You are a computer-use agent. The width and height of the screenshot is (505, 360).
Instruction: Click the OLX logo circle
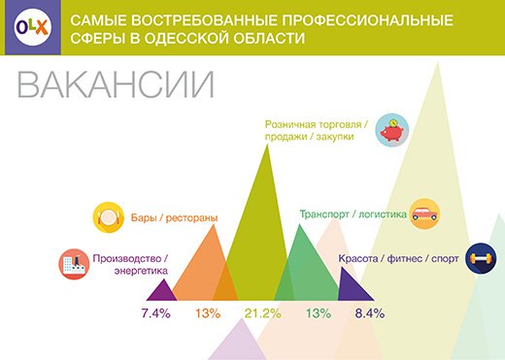click(x=33, y=27)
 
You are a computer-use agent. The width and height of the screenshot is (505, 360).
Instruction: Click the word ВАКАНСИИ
click(x=116, y=84)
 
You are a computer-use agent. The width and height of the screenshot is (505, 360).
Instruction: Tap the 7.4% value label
click(x=155, y=313)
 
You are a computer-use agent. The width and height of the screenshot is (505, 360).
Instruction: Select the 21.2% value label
click(x=262, y=313)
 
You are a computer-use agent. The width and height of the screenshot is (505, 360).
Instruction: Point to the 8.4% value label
click(x=370, y=313)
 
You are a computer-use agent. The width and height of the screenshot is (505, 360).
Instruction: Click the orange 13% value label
click(x=208, y=313)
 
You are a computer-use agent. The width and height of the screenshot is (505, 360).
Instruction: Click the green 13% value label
click(x=319, y=313)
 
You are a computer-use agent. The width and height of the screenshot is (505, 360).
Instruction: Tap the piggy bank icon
click(x=392, y=130)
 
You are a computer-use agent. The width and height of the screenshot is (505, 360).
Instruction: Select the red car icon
click(x=424, y=214)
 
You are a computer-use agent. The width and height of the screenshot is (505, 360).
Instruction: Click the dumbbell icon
click(x=481, y=258)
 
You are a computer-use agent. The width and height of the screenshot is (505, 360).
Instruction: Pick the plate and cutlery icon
click(x=109, y=217)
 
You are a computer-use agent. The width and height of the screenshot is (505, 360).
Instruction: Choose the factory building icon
click(x=74, y=264)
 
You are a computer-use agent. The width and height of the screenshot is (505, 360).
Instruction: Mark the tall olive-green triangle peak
click(x=267, y=145)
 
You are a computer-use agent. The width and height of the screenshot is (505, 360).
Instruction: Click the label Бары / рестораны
click(x=174, y=217)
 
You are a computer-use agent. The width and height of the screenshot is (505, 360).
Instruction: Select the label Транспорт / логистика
click(x=353, y=214)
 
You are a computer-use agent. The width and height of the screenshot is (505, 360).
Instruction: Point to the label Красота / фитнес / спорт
click(x=398, y=259)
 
